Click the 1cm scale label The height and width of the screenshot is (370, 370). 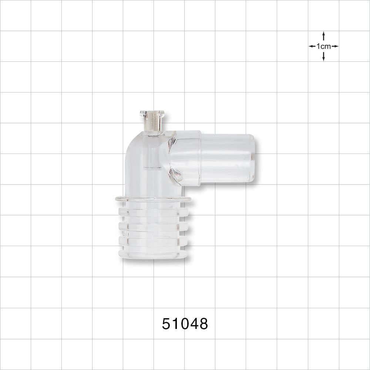click(323, 46)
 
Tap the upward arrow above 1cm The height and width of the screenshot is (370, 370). click(323, 35)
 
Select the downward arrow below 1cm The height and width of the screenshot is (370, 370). click(323, 57)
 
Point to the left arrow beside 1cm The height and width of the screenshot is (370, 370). click(312, 46)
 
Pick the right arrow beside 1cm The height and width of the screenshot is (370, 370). click(335, 46)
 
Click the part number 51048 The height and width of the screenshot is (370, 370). click(185, 324)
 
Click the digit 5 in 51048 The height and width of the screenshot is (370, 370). click(166, 324)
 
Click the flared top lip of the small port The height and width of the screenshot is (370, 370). click(152, 112)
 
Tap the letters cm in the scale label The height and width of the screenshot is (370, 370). click(326, 46)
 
